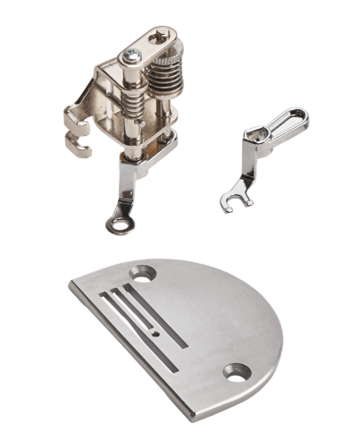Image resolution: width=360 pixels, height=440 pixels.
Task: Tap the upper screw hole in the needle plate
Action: (x=138, y=271)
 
